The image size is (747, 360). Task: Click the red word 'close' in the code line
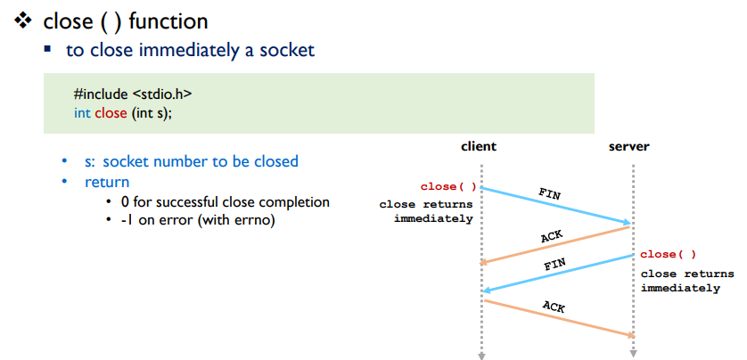click(112, 113)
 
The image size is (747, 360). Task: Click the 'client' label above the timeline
click(479, 146)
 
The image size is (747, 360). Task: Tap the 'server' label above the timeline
click(629, 146)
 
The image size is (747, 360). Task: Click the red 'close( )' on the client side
click(448, 187)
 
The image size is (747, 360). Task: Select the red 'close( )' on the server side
click(668, 255)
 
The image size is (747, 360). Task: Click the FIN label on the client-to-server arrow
click(551, 192)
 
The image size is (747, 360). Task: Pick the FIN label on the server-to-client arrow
click(554, 266)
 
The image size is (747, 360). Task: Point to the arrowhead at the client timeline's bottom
click(481, 356)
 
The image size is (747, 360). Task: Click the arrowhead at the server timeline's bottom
click(633, 356)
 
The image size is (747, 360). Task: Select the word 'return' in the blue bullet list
click(107, 182)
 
